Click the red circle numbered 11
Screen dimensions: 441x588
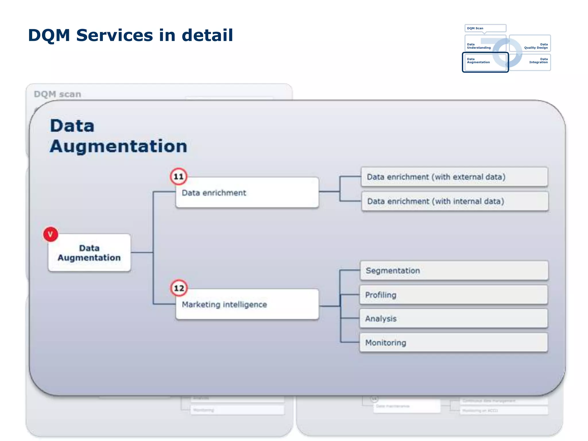pyautogui.click(x=179, y=176)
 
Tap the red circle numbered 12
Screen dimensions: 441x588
pyautogui.click(x=179, y=288)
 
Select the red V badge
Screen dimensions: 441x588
pyautogui.click(x=51, y=234)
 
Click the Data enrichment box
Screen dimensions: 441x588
pyautogui.click(x=247, y=193)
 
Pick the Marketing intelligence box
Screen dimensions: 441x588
pyautogui.click(x=247, y=304)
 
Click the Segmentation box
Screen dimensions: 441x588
pyautogui.click(x=454, y=270)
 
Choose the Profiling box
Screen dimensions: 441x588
pyautogui.click(x=454, y=295)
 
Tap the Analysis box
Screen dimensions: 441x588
pyautogui.click(x=454, y=319)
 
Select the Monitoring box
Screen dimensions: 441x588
pyautogui.click(x=454, y=343)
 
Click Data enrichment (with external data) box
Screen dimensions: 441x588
pyautogui.click(x=454, y=177)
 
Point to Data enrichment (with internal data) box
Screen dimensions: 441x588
pyautogui.click(x=455, y=201)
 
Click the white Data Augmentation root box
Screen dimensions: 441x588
pyautogui.click(x=89, y=253)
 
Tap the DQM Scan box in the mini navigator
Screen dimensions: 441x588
pyautogui.click(x=485, y=28)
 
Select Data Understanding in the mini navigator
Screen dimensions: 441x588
pyautogui.click(x=479, y=46)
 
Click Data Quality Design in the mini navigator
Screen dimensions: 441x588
pyautogui.click(x=536, y=46)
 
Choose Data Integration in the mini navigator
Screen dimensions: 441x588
pyautogui.click(x=538, y=61)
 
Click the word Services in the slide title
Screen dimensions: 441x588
pyautogui.click(x=115, y=35)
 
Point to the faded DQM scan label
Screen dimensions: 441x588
pyautogui.click(x=57, y=94)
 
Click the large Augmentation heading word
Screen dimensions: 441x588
pyautogui.click(x=118, y=146)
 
